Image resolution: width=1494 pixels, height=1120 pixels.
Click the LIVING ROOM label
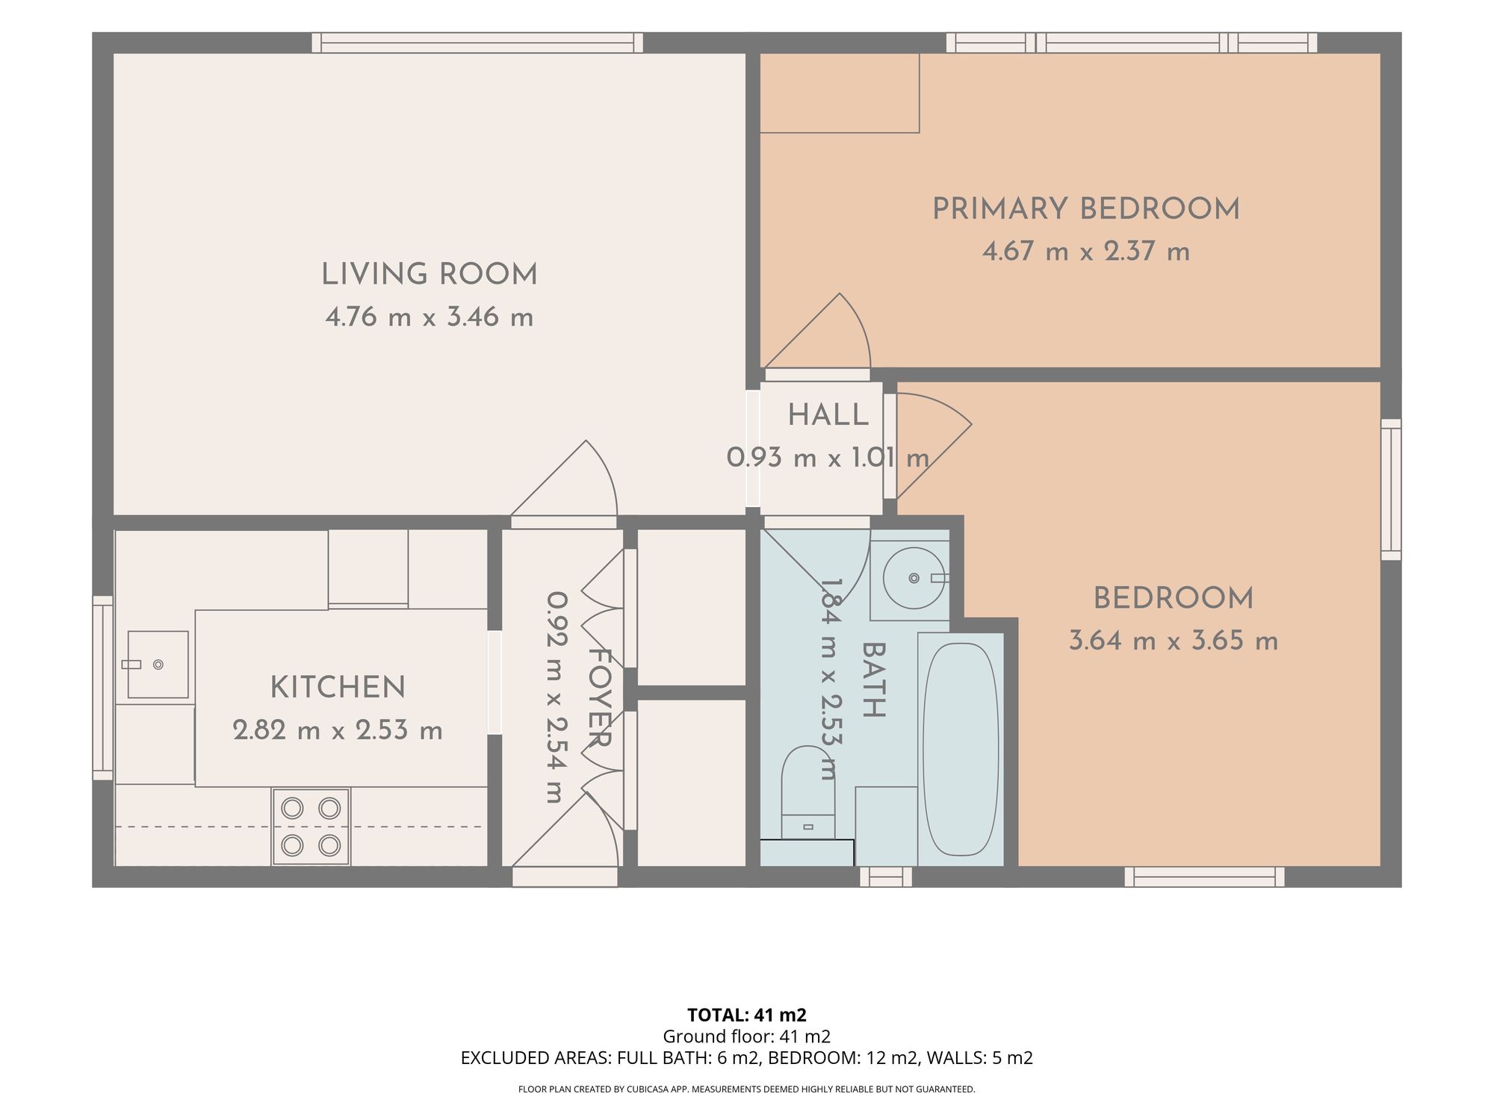point(430,275)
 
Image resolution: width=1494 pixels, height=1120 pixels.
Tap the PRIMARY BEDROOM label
point(1086,209)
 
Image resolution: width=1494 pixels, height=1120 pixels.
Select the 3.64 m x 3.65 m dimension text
point(1174,641)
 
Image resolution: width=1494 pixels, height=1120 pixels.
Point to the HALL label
point(828,415)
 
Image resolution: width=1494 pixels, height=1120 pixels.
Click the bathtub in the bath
point(961,750)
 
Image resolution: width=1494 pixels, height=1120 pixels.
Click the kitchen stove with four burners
point(311,827)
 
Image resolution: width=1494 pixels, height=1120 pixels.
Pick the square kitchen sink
point(158,665)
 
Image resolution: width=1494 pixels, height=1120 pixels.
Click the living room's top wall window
point(477,43)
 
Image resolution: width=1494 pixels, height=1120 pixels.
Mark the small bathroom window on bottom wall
point(886,877)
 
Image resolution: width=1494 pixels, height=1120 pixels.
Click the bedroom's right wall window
point(1391,489)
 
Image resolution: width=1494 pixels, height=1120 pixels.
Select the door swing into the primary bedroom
point(818,334)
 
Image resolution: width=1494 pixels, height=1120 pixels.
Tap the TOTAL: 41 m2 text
point(747,1015)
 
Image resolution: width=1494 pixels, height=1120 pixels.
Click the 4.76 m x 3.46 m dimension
point(430,317)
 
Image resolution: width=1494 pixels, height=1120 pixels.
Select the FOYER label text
point(600,697)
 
